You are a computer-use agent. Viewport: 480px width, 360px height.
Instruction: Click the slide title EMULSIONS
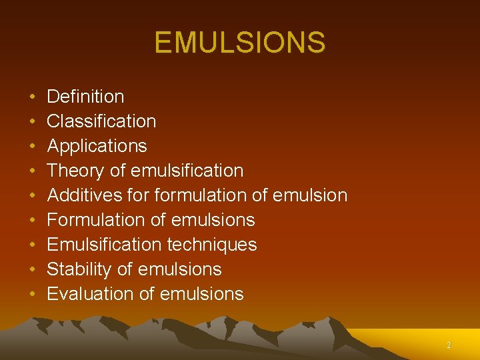tap(240, 43)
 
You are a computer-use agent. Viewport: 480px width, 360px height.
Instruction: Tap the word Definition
tap(85, 97)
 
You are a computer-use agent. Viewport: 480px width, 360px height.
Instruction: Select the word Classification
tap(101, 121)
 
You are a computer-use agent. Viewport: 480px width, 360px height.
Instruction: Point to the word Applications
tap(97, 146)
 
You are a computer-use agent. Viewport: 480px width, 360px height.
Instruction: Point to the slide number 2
tap(449, 345)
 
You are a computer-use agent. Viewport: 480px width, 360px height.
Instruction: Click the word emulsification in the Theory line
tap(187, 171)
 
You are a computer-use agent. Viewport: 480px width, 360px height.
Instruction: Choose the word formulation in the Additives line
tap(191, 195)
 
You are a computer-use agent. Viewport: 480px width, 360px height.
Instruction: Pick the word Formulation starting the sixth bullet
tap(90, 220)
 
